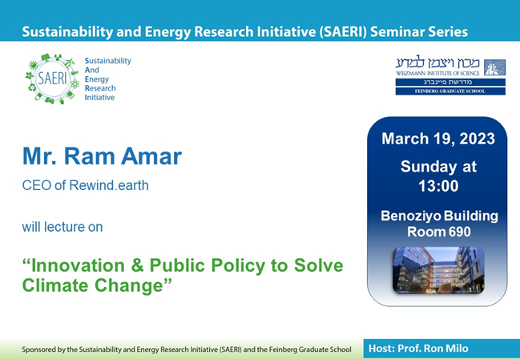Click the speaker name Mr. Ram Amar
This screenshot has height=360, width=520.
[102, 157]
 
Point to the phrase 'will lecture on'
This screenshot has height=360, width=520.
[62, 227]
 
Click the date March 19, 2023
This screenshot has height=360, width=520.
[437, 140]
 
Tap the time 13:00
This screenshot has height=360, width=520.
[437, 185]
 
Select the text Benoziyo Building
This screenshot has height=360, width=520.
[437, 216]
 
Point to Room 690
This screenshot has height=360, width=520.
[437, 232]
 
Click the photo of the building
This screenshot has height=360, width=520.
[437, 270]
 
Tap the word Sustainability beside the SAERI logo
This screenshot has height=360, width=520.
[107, 61]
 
